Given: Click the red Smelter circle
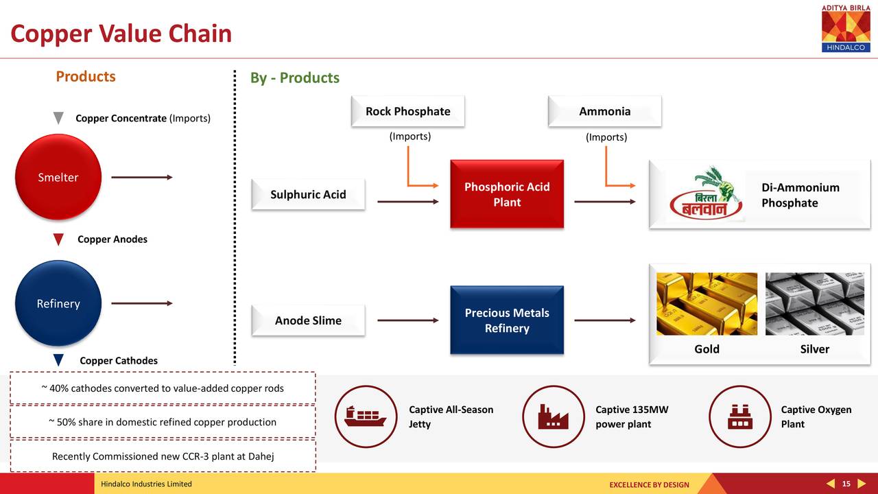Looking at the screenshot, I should (58, 177).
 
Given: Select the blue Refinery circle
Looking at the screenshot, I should (58, 303).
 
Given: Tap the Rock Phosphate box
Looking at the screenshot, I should (407, 112).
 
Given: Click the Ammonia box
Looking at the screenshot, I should (604, 112).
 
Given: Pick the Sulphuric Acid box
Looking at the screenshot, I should (308, 195).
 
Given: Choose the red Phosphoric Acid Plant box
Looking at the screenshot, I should (506, 195).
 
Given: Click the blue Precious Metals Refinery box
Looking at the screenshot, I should (506, 320).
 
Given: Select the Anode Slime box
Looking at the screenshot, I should (308, 320).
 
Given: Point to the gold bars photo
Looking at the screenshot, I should (707, 304).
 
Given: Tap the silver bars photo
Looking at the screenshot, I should (814, 304).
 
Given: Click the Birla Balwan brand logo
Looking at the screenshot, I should (706, 194).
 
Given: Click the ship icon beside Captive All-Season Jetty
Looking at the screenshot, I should (365, 416).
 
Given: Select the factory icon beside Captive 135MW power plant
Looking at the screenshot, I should (554, 416).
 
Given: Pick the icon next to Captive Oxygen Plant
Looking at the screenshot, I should (739, 416).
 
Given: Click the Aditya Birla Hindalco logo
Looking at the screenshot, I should (846, 27).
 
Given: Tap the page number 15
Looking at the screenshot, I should (846, 484).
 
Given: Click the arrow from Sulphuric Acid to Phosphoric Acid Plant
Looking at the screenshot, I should (407, 202).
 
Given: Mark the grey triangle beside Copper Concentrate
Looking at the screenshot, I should (59, 118).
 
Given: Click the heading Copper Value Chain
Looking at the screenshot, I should (121, 34).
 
